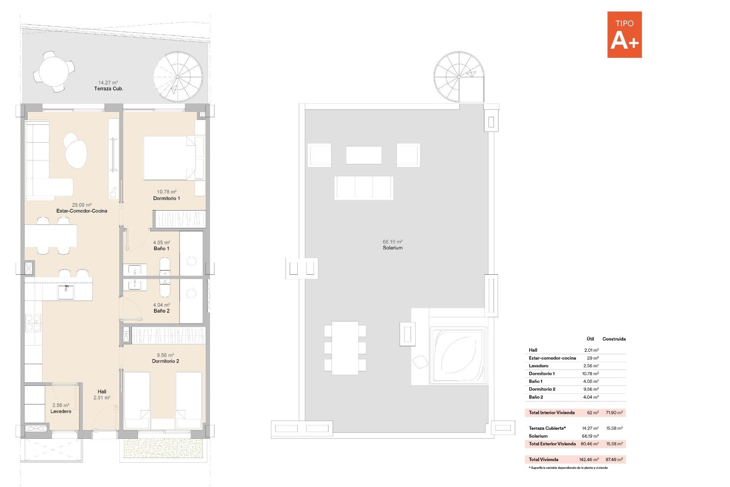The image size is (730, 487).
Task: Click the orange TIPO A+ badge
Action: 624,35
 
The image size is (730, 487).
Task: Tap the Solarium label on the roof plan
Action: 392,248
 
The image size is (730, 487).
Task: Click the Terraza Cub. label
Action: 109,89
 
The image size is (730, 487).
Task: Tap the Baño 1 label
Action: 162,248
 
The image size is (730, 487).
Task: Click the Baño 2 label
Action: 162,311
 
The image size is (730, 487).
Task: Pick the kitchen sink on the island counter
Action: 66,292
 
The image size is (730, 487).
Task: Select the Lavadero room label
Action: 61,411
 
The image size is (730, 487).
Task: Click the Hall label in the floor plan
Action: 102,392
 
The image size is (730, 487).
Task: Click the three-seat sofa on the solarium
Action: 364,188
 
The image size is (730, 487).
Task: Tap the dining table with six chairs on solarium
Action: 345,348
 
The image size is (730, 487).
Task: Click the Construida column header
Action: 614,339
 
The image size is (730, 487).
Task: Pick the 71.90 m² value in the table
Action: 614,413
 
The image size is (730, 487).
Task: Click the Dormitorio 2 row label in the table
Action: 542,389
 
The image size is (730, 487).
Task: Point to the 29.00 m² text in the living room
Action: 82,205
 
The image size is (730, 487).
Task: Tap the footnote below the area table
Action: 568,468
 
